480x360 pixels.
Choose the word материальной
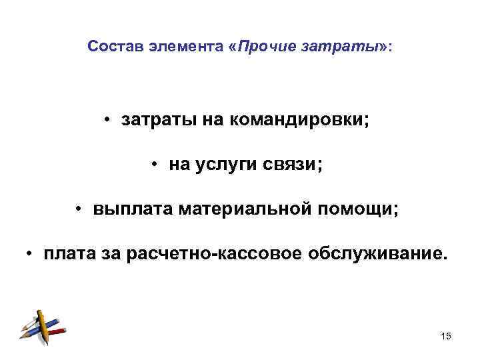click(243, 209)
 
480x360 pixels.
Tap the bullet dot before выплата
click(78, 210)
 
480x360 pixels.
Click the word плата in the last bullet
click(72, 254)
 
